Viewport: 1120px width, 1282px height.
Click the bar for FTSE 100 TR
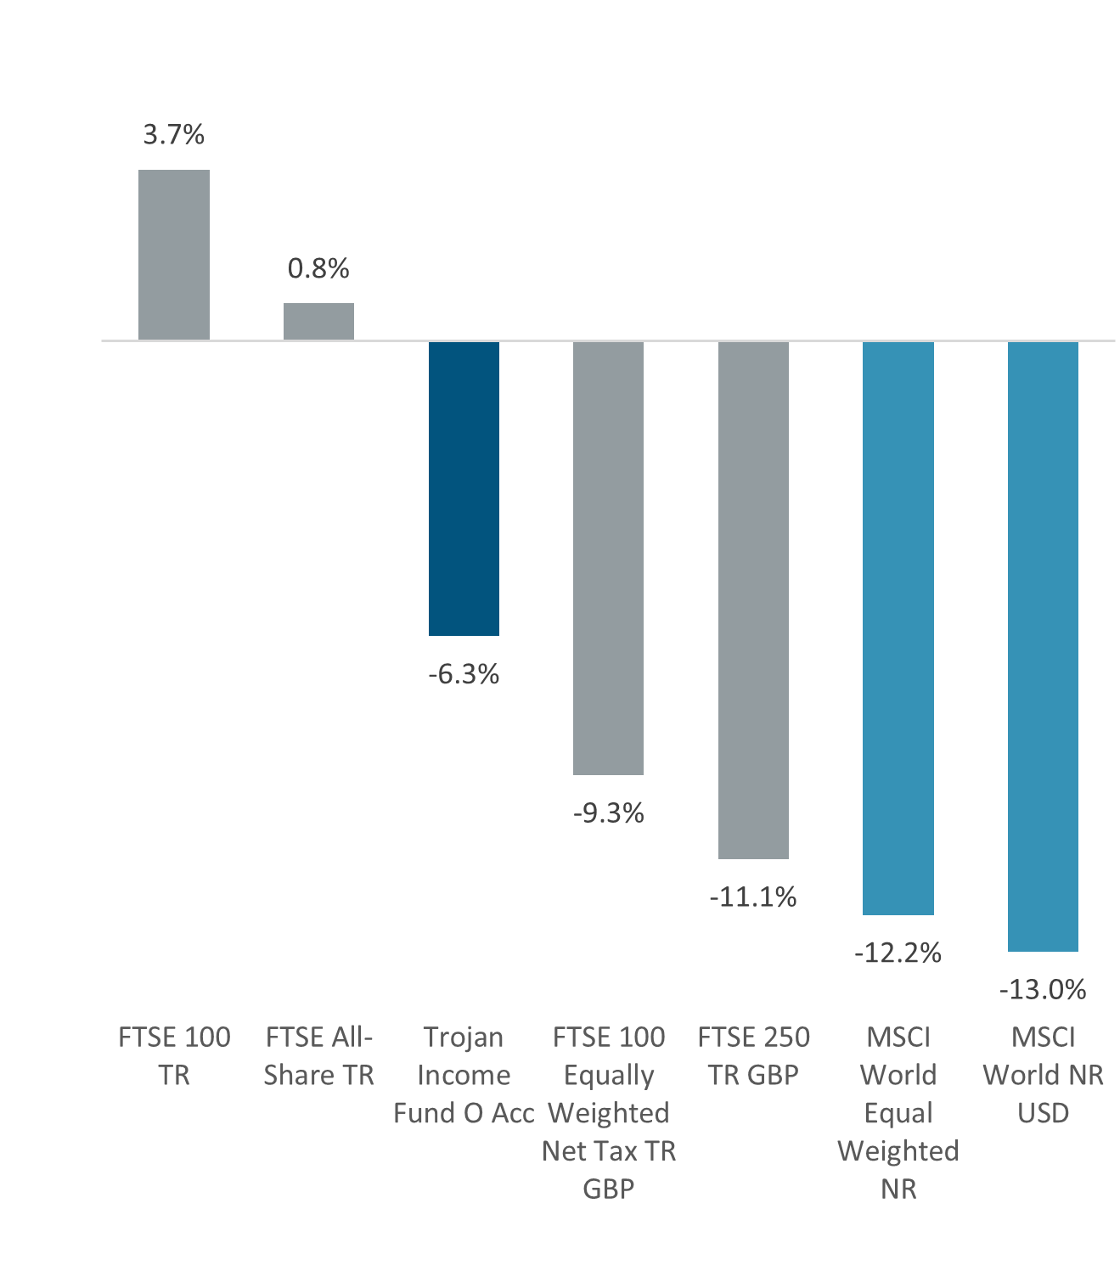pos(174,255)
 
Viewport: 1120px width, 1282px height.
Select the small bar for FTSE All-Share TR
pos(318,322)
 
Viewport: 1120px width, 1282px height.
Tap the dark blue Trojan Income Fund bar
pos(464,488)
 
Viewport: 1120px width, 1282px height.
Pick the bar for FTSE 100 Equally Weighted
pos(608,558)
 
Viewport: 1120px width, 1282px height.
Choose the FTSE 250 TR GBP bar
pos(753,599)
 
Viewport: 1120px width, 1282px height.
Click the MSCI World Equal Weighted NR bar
pos(898,627)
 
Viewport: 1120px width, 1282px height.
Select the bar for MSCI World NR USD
pos(1043,646)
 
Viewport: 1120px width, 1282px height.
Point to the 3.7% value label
pos(174,135)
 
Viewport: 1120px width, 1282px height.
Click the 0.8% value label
pos(318,269)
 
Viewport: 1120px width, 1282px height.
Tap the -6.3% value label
pos(464,675)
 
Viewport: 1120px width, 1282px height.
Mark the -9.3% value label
pos(608,814)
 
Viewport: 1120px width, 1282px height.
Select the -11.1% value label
pos(753,897)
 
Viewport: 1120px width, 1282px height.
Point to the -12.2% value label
pos(898,953)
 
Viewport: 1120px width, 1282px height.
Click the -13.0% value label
pos(1043,990)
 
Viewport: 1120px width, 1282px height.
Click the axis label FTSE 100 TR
pos(174,1056)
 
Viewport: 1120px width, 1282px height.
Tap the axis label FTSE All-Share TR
pos(318,1056)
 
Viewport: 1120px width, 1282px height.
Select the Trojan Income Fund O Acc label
pos(464,1075)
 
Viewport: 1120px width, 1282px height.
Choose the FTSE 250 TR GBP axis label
pos(753,1056)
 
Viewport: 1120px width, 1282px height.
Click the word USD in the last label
pos(1043,1113)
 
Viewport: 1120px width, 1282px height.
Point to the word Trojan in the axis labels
pos(464,1037)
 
